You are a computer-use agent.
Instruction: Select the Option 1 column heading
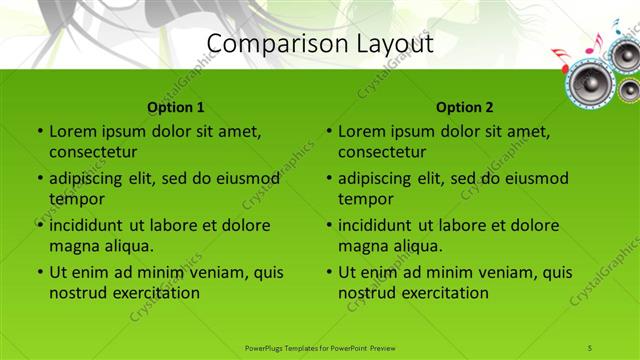coord(176,107)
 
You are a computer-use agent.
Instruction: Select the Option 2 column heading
coord(465,107)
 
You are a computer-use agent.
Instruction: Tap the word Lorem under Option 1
coord(73,131)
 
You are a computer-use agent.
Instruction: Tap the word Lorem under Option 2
coord(362,131)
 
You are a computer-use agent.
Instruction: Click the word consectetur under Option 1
coord(93,152)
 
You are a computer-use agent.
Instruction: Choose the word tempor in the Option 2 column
coord(366,199)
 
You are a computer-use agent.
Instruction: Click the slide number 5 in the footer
coord(590,347)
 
